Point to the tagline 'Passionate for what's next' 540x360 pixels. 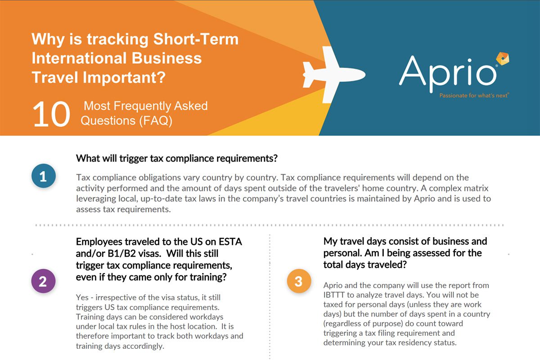click(x=474, y=95)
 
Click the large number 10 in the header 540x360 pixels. click(x=51, y=114)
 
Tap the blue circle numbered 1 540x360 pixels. click(x=43, y=176)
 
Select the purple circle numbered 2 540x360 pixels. click(x=43, y=282)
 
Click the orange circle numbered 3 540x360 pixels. click(x=298, y=282)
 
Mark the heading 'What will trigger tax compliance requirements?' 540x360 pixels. click(x=177, y=158)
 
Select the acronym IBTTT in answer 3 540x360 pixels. click(x=338, y=295)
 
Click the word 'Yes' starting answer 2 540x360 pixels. click(x=83, y=298)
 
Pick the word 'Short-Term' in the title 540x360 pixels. click(x=196, y=40)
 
